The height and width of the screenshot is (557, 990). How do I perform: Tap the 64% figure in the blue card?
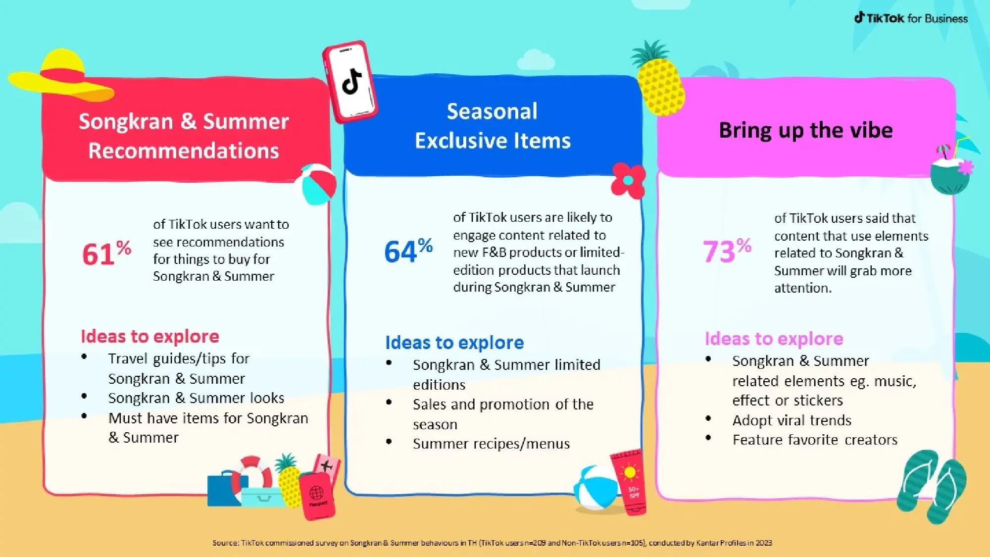click(x=408, y=250)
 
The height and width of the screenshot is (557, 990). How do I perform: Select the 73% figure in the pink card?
click(x=727, y=250)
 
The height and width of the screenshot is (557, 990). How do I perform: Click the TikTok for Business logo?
click(x=911, y=18)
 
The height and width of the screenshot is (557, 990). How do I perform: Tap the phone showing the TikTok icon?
click(x=350, y=82)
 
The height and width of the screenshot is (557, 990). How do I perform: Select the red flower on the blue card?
click(x=628, y=180)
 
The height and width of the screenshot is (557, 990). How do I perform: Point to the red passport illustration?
click(x=317, y=495)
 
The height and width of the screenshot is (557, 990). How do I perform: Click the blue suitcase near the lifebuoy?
click(x=220, y=490)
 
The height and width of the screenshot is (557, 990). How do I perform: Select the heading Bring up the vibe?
click(x=805, y=130)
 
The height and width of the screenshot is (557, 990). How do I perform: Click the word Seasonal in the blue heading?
click(x=492, y=111)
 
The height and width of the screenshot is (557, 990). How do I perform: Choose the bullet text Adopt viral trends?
click(x=792, y=420)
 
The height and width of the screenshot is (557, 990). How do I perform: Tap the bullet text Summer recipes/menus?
click(x=491, y=444)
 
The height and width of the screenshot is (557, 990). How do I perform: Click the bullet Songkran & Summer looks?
click(x=196, y=398)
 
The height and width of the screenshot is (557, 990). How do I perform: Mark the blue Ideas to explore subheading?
click(x=454, y=343)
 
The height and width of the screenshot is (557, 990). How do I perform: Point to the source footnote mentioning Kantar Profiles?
click(x=492, y=543)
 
